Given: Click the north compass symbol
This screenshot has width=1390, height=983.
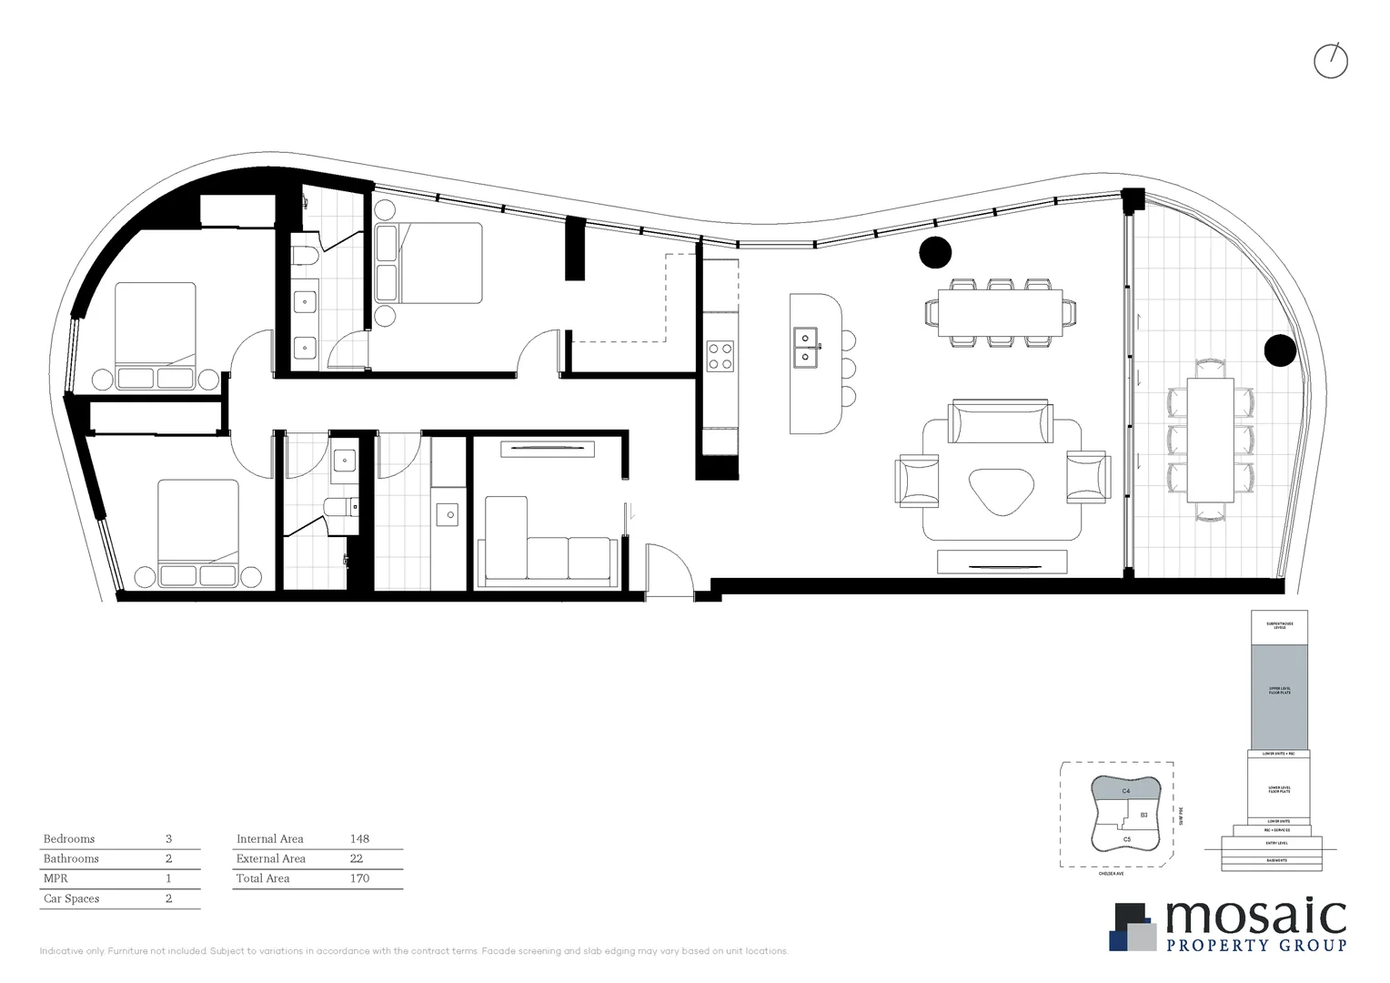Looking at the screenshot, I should click(1331, 61).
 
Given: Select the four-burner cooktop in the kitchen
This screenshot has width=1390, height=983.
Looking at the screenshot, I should click(720, 356).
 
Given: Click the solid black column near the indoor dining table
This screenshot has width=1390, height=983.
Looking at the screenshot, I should click(935, 252).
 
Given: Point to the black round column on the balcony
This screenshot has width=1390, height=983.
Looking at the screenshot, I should click(1280, 350).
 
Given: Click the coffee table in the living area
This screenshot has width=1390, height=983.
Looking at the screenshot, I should click(1002, 491).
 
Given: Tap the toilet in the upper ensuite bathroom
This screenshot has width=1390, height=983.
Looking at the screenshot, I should click(305, 250).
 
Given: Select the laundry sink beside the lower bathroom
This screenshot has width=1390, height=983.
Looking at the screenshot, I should click(447, 515).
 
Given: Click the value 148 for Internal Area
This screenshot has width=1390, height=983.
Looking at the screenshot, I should click(359, 839).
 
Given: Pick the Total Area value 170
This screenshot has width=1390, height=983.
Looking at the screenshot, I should click(359, 878).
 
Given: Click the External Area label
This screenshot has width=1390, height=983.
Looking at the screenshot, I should click(271, 858).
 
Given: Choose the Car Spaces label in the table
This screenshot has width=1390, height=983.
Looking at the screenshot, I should click(72, 898).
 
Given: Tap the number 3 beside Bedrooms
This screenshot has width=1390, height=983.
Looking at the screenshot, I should click(168, 839).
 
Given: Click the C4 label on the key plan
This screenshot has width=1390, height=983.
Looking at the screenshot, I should click(1126, 792).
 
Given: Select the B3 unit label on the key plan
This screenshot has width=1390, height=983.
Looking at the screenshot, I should click(1143, 815).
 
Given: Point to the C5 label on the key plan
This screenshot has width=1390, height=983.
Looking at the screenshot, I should click(1127, 839).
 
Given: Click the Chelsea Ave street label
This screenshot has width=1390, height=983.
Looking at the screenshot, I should click(1111, 874).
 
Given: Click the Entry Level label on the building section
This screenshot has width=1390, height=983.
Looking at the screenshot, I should click(1277, 843).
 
